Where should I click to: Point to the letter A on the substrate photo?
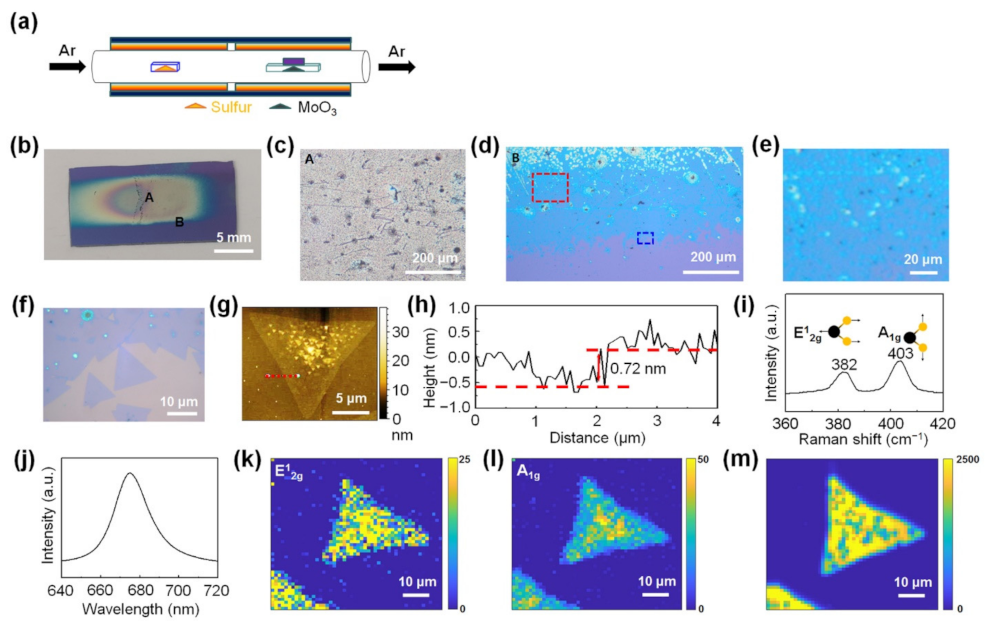(x=146, y=198)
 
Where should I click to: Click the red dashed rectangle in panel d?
(x=549, y=187)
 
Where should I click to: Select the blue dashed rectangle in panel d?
(x=645, y=238)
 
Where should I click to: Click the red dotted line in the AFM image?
(x=282, y=376)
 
